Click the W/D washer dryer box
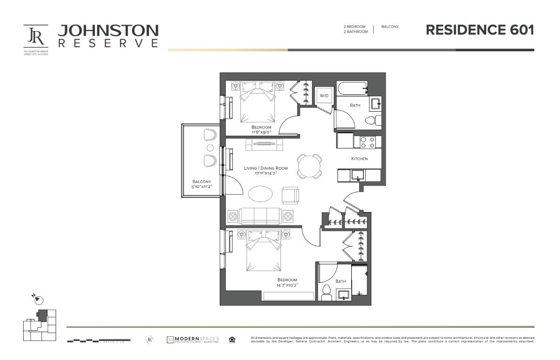point(324,96)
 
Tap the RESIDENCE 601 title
point(479,30)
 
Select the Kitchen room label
point(359,159)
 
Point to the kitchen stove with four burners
point(368,142)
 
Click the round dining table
point(309,166)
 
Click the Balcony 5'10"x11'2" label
point(202,184)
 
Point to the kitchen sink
point(359,175)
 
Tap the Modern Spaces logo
point(193,340)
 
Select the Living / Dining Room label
point(265,171)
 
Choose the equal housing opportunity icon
point(231,340)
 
